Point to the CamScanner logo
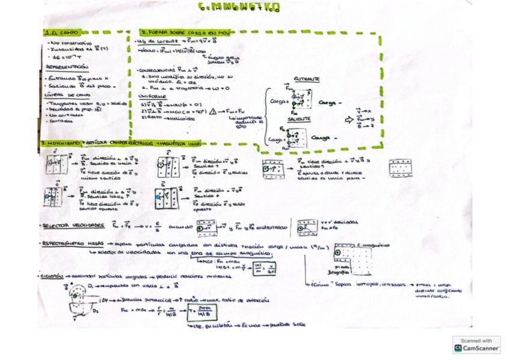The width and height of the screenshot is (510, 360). (476, 344)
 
